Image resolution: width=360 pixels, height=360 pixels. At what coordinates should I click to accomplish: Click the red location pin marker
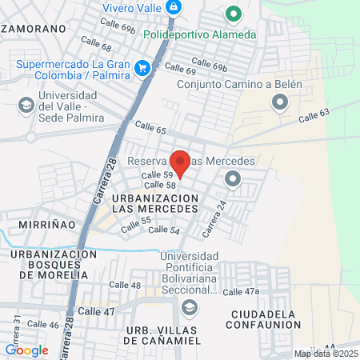(180, 162)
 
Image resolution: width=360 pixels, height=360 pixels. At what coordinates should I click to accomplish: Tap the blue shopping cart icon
(142, 68)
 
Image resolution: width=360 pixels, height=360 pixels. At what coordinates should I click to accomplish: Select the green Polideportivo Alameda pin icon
(234, 14)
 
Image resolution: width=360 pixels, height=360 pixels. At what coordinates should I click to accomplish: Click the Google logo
(26, 350)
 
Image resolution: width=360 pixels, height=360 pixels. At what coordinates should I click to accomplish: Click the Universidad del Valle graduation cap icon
(26, 106)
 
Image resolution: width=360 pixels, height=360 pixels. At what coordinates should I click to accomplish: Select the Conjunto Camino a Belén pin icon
(279, 102)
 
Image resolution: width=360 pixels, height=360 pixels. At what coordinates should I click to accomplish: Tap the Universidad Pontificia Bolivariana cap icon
(189, 307)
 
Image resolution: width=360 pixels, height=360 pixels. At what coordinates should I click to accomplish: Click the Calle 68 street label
(95, 46)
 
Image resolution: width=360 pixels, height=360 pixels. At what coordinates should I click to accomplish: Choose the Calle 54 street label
(164, 230)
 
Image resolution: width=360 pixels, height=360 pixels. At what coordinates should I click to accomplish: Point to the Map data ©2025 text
(326, 354)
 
